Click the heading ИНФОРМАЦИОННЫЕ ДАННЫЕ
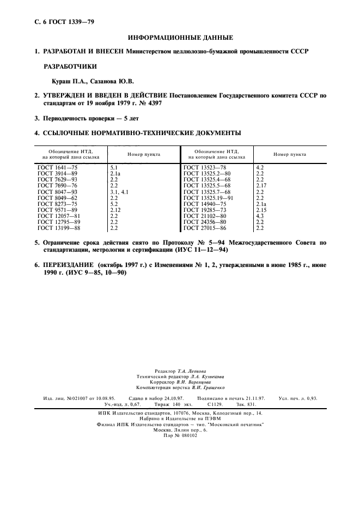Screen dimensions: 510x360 coord(180,38)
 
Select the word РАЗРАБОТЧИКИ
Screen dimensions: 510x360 coord(70,66)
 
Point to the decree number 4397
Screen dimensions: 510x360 coord(152,102)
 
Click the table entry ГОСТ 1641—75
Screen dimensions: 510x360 coord(57,167)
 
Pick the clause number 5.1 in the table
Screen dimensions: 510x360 coord(114,167)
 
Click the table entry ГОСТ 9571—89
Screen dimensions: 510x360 coord(57,210)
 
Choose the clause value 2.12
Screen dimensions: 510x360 coord(115,210)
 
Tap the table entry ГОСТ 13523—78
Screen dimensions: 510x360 coord(205,167)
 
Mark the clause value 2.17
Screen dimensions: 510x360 coord(261,186)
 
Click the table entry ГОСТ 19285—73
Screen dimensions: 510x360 coord(205,210)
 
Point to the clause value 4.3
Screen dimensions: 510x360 coord(260,216)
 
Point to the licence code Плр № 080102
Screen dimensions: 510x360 coord(180,435)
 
